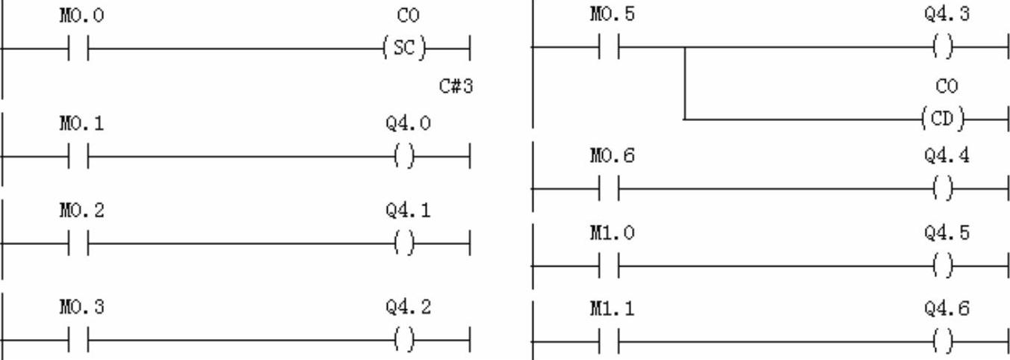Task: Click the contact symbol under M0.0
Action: [x=78, y=49]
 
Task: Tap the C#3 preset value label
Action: [x=456, y=87]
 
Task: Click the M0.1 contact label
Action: [x=81, y=123]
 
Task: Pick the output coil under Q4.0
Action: [x=403, y=157]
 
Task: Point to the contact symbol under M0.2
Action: [x=78, y=243]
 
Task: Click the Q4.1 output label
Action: [x=408, y=211]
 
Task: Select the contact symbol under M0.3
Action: [x=78, y=341]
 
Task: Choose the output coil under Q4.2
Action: [x=403, y=341]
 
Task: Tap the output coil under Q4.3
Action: [x=944, y=49]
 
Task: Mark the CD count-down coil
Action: [x=946, y=119]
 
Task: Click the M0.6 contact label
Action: [x=613, y=156]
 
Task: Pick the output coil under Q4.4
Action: [x=944, y=189]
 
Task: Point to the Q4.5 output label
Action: [x=947, y=233]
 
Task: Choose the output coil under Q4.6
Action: [x=944, y=341]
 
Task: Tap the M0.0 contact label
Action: [x=81, y=16]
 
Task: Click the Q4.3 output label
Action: [x=947, y=16]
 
